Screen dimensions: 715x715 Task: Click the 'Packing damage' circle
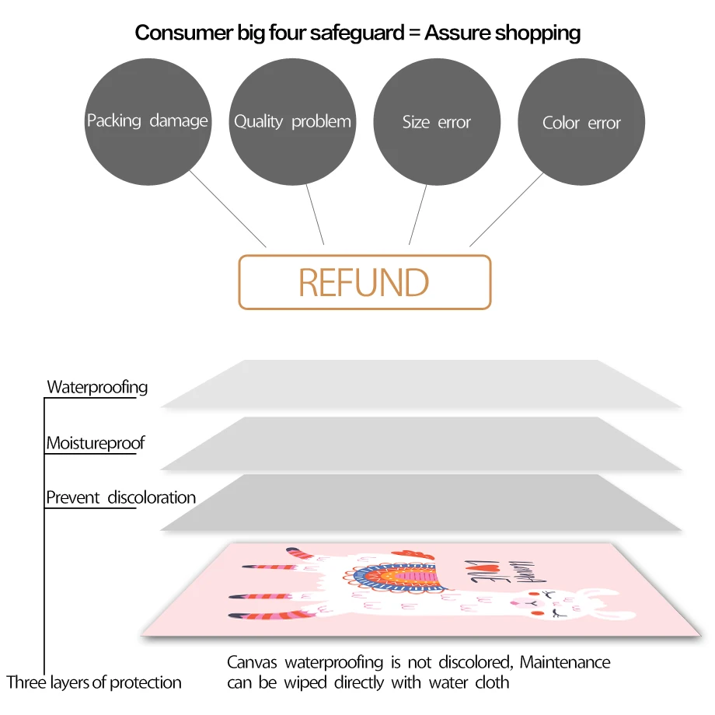tap(148, 122)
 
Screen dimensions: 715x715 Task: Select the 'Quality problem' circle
tap(292, 122)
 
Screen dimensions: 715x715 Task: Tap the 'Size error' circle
tap(437, 122)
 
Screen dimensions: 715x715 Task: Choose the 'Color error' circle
tap(581, 123)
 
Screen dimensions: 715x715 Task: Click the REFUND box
tap(364, 282)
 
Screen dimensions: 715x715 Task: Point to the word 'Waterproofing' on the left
tap(97, 387)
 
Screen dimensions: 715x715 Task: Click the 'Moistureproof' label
tap(96, 444)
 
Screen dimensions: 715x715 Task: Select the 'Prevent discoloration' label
tap(120, 497)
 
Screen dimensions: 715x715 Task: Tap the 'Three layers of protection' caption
tap(94, 683)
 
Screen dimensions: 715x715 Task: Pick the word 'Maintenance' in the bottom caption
tap(565, 663)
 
